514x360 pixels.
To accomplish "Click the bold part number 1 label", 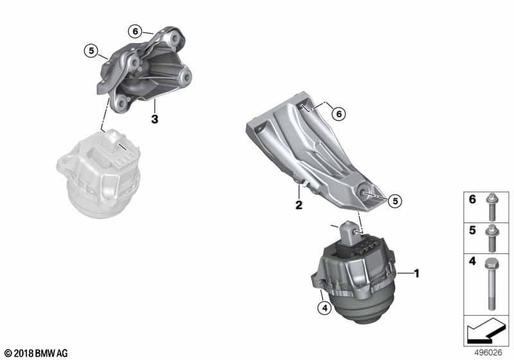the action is click(x=416, y=273).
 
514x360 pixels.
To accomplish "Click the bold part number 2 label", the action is click(x=299, y=205).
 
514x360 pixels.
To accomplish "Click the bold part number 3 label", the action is click(x=155, y=119).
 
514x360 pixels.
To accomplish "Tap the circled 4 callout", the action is click(x=324, y=308).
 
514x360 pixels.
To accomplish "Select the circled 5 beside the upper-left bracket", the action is click(x=91, y=51).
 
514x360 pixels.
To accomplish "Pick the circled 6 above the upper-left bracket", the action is click(x=135, y=32).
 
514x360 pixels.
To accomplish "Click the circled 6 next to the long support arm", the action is click(x=339, y=114).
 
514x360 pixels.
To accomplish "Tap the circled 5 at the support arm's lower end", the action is click(x=394, y=201).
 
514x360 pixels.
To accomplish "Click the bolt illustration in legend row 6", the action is click(x=491, y=207).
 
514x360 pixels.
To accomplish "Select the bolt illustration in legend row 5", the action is click(x=492, y=238).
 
